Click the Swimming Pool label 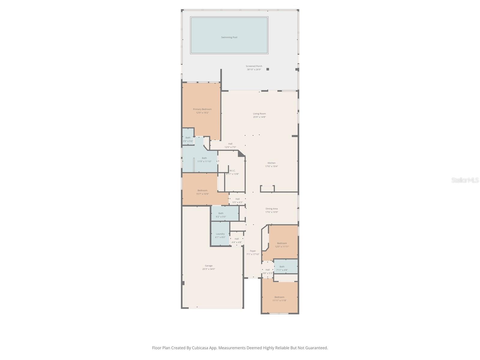pyautogui.click(x=229, y=37)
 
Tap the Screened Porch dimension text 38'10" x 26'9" pyautogui.click(x=254, y=70)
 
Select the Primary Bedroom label pyautogui.click(x=202, y=109)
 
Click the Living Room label pyautogui.click(x=259, y=114)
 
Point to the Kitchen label pyautogui.click(x=271, y=163)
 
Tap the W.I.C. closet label pyautogui.click(x=232, y=171)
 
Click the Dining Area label pyautogui.click(x=271, y=209)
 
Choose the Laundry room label pyautogui.click(x=220, y=234)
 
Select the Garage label pyautogui.click(x=208, y=266)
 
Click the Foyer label pyautogui.click(x=253, y=251)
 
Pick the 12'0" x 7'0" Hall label pyautogui.click(x=230, y=144)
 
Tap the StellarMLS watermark pyautogui.click(x=465, y=180)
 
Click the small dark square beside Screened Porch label pyautogui.click(x=268, y=69)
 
